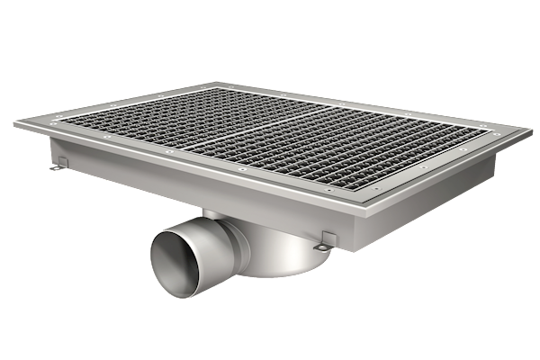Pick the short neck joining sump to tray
point(216,216)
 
